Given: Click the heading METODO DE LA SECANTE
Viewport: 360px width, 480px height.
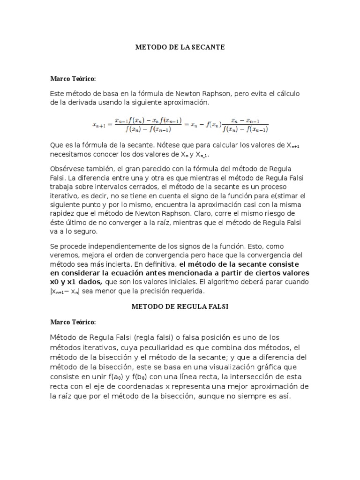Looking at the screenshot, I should [x=180, y=47].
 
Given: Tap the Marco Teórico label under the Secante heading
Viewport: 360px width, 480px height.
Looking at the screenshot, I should [x=73, y=78].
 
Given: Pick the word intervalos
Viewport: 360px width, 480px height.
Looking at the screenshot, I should [x=111, y=187].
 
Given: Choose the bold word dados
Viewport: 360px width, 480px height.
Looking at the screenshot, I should [x=90, y=282].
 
